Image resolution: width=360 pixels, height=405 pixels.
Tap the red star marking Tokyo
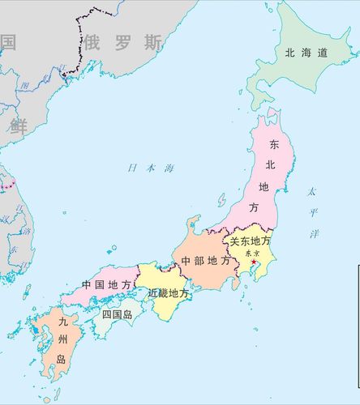point(254,262)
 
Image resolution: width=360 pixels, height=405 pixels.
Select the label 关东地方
point(249,241)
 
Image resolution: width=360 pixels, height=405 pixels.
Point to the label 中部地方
point(204,261)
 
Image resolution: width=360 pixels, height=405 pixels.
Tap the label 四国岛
point(117,314)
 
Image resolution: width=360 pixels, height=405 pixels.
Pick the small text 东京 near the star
point(251,253)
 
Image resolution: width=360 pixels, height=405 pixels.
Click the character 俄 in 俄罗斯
point(96,41)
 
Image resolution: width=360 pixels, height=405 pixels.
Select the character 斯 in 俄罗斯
point(152,41)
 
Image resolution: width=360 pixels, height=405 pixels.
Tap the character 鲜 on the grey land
point(18,125)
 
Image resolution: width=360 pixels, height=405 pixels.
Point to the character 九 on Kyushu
point(63,322)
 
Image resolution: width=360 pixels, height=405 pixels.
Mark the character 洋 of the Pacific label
point(315,233)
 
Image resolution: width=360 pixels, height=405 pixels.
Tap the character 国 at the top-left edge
point(7,41)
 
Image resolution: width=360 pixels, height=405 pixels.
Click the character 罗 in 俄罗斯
point(123,41)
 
